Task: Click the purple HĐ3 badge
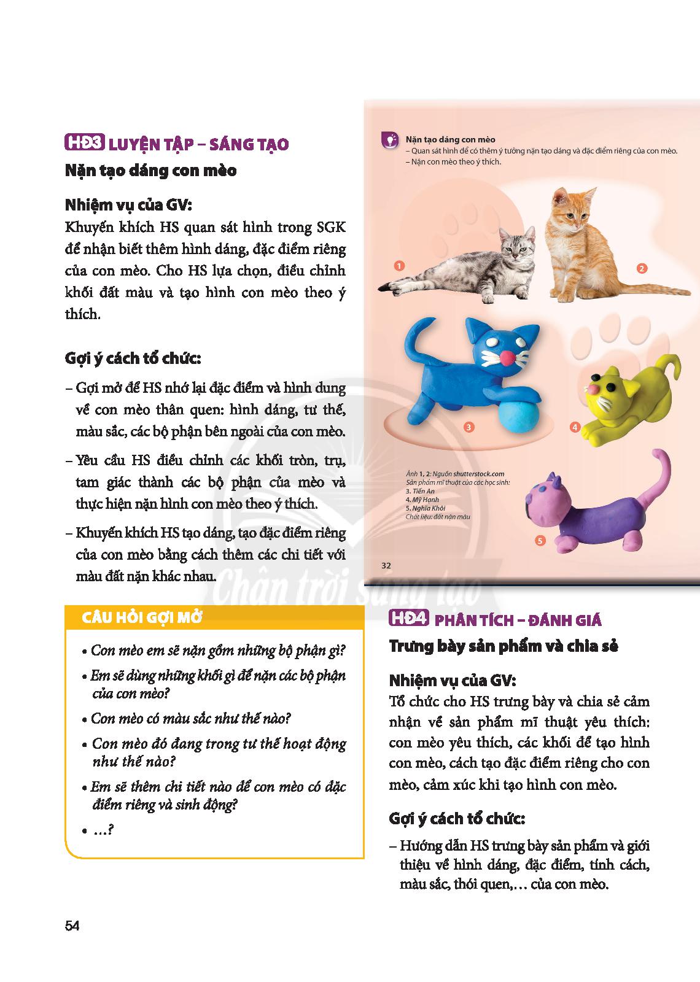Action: click(85, 144)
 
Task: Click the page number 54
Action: click(72, 926)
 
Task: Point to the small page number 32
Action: click(386, 565)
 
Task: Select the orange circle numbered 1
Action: click(400, 266)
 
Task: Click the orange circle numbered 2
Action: click(642, 268)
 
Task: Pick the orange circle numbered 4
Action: click(575, 427)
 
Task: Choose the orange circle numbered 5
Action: click(540, 541)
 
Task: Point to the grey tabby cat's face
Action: click(517, 247)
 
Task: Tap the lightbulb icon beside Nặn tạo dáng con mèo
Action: click(389, 141)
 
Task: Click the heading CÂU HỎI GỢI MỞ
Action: click(142, 617)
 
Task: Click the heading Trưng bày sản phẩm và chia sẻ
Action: click(504, 646)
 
